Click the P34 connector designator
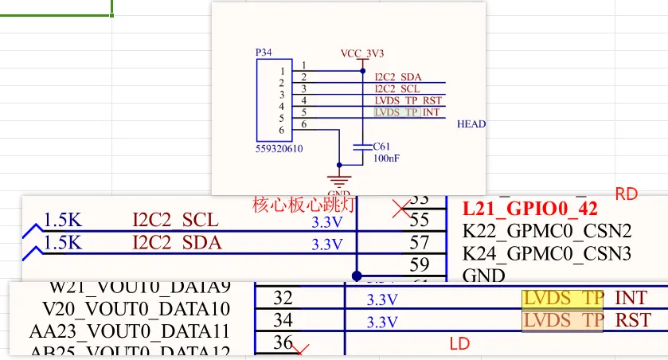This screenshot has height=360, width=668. click(x=264, y=52)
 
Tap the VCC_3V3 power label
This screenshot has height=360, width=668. click(x=362, y=53)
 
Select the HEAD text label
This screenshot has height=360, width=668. click(x=471, y=124)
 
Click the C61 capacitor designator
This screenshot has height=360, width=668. click(x=382, y=147)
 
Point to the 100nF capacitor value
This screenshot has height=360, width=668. click(x=386, y=158)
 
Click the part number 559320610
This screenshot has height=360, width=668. click(x=279, y=149)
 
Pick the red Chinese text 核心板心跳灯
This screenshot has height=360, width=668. click(x=304, y=204)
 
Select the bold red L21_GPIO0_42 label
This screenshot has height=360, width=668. click(x=529, y=209)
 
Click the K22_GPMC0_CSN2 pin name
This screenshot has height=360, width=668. click(x=547, y=231)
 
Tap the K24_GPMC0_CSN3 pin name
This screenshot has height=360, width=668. click(x=547, y=254)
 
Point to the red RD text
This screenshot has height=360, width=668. click(x=627, y=194)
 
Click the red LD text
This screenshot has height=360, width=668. click(x=460, y=344)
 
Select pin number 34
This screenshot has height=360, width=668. click(x=283, y=320)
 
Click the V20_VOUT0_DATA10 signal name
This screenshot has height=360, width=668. click(x=136, y=308)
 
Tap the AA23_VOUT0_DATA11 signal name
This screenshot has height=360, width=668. click(x=130, y=331)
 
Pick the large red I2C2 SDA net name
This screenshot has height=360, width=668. click(x=176, y=242)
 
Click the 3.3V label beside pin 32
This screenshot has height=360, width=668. click(x=382, y=300)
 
